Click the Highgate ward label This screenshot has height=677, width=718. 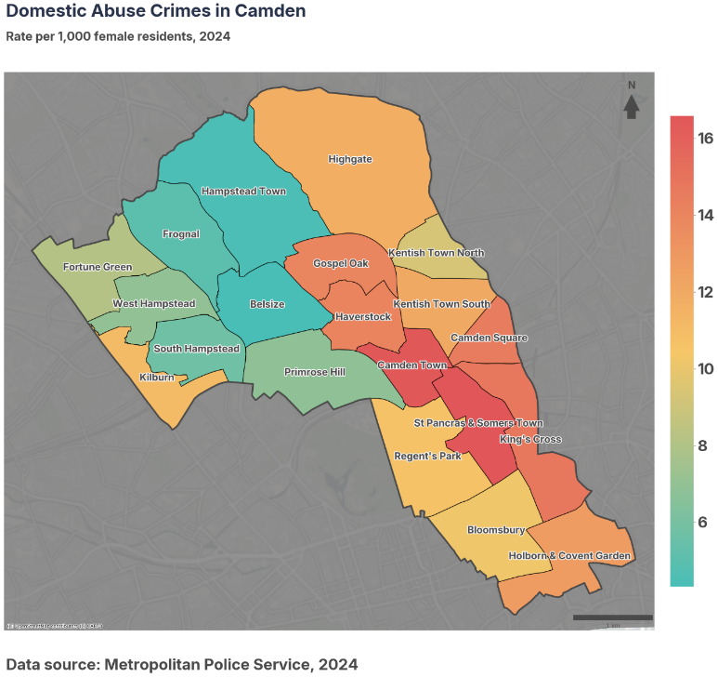[350, 159]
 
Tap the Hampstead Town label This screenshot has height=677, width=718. [243, 191]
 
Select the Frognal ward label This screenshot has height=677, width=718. [181, 234]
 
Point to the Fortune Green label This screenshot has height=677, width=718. [98, 267]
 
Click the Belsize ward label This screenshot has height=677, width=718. [268, 304]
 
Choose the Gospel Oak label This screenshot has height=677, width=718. [341, 263]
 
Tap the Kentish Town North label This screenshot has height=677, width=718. [436, 253]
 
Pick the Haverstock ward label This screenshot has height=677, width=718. [364, 317]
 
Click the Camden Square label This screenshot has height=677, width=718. [489, 338]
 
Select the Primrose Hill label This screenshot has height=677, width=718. [314, 372]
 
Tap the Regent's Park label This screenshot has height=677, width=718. [427, 457]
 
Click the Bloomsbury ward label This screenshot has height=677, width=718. [496, 530]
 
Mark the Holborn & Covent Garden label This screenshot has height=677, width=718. [569, 556]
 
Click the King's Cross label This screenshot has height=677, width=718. [530, 439]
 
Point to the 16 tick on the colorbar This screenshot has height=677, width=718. [705, 139]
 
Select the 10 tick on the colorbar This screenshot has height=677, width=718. [705, 368]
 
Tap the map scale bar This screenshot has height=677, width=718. [612, 617]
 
